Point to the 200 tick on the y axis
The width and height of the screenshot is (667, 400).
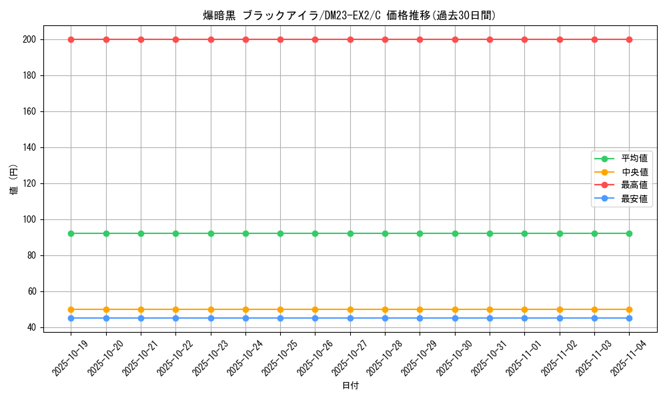click(31, 40)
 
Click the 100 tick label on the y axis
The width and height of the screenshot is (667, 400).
click(31, 219)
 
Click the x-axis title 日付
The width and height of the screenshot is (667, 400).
click(350, 386)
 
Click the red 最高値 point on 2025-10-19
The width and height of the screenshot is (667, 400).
click(71, 39)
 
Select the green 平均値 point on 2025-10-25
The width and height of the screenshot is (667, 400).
click(280, 233)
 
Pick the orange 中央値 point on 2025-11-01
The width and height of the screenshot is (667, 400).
click(524, 309)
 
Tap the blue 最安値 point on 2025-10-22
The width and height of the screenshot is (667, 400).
click(175, 318)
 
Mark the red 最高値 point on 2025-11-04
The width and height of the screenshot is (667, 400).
click(629, 39)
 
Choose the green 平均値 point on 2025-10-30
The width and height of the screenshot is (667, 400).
click(455, 233)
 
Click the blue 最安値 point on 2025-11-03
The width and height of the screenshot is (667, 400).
click(594, 318)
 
